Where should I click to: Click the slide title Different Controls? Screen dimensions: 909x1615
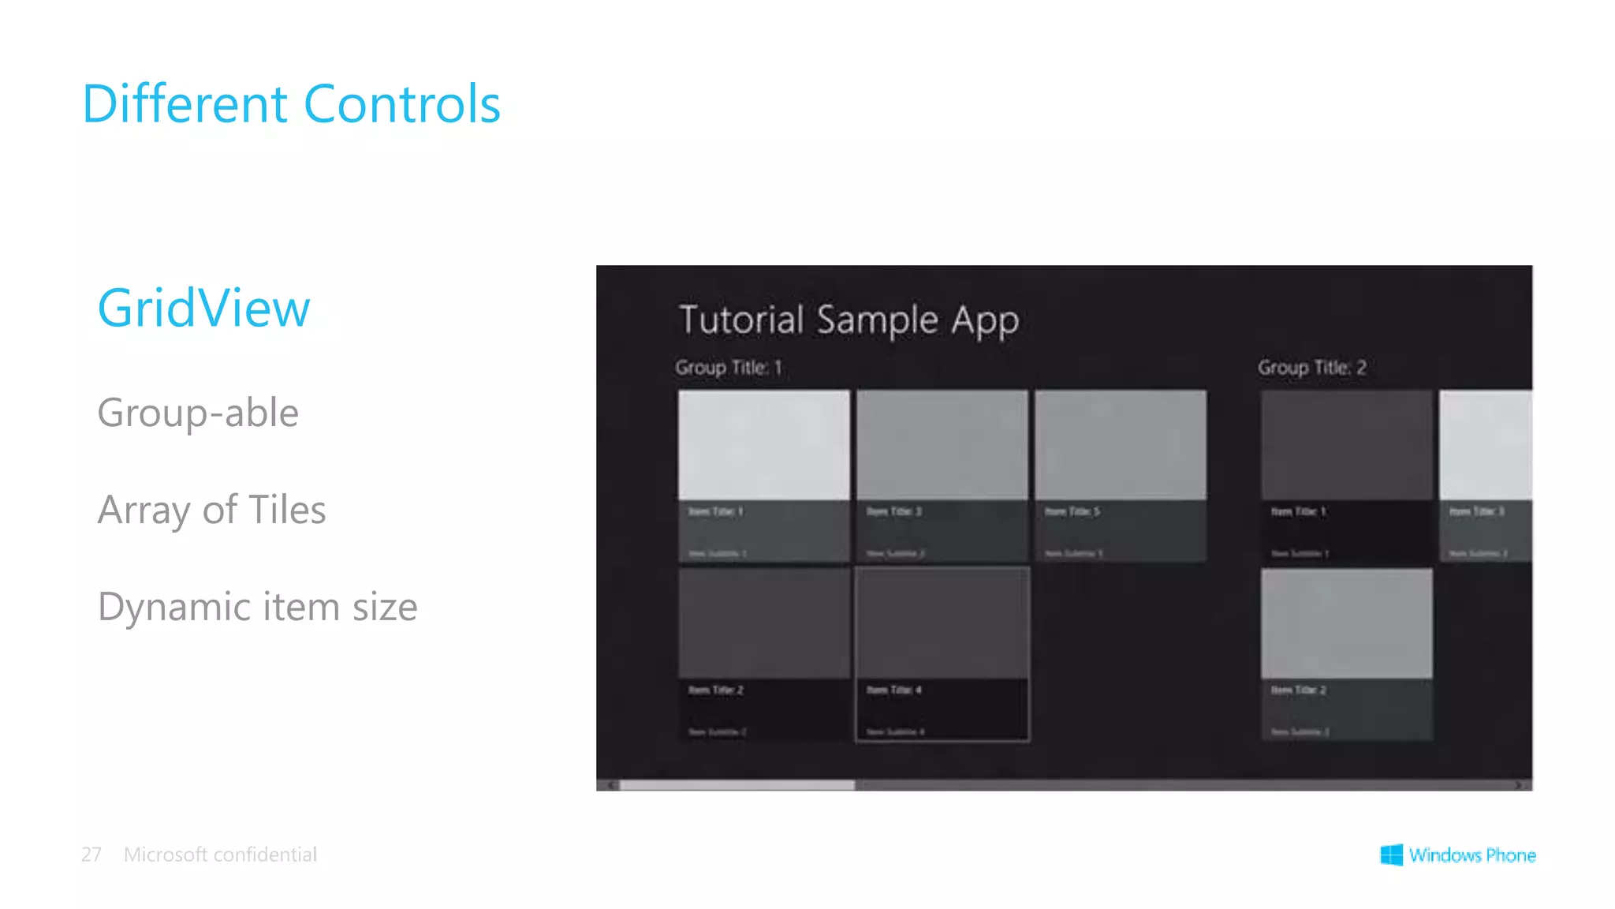(x=291, y=104)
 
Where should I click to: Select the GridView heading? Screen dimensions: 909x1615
(x=203, y=308)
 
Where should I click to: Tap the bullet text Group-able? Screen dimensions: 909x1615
(x=198, y=413)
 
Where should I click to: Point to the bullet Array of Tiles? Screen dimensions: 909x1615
(x=211, y=510)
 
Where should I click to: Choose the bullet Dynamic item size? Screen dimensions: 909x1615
(x=257, y=607)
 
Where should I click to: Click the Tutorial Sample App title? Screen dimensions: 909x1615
(x=849, y=320)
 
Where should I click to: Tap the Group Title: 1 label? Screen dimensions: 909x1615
(x=728, y=368)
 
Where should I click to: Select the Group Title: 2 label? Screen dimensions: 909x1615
(x=1311, y=368)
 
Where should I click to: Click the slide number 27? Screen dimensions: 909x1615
(x=91, y=855)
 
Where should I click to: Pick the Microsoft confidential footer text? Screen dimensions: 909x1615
(x=220, y=855)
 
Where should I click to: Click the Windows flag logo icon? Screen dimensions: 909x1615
(x=1391, y=855)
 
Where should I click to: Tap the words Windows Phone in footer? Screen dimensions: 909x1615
(x=1471, y=855)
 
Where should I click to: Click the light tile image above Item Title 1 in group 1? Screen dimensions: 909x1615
(x=763, y=444)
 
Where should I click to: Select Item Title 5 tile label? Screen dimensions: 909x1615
(x=1072, y=511)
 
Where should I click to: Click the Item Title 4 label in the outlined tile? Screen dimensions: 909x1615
(x=893, y=690)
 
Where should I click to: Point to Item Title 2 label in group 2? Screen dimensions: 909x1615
(x=1298, y=690)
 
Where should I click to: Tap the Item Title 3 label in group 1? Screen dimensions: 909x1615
(x=893, y=511)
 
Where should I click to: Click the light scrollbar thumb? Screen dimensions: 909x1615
(x=737, y=785)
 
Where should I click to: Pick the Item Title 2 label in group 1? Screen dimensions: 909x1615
(x=715, y=690)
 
